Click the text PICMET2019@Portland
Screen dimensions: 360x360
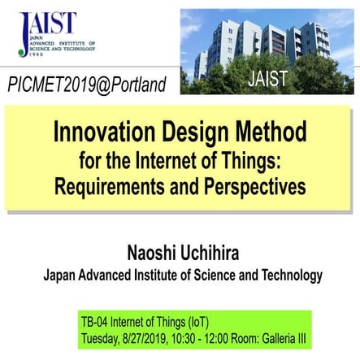pos(86,84)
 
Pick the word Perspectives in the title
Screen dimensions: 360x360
pos(252,185)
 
